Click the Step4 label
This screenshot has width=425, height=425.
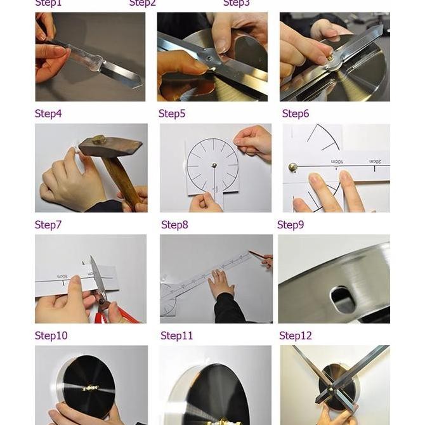click(48, 114)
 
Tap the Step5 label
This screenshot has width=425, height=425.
click(172, 114)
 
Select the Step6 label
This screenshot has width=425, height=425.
click(296, 114)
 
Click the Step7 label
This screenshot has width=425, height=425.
click(48, 225)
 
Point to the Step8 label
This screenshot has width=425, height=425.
click(174, 225)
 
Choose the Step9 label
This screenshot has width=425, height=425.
click(291, 225)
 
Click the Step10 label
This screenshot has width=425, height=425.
click(51, 336)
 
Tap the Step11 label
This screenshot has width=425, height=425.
click(176, 336)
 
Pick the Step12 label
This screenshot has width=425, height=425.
click(296, 336)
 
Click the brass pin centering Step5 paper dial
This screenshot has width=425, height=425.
click(214, 166)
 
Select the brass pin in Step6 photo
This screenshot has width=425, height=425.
click(293, 167)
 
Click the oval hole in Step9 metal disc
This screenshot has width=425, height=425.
click(343, 298)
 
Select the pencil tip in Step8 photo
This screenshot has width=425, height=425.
click(250, 253)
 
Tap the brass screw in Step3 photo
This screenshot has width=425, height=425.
click(329, 57)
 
